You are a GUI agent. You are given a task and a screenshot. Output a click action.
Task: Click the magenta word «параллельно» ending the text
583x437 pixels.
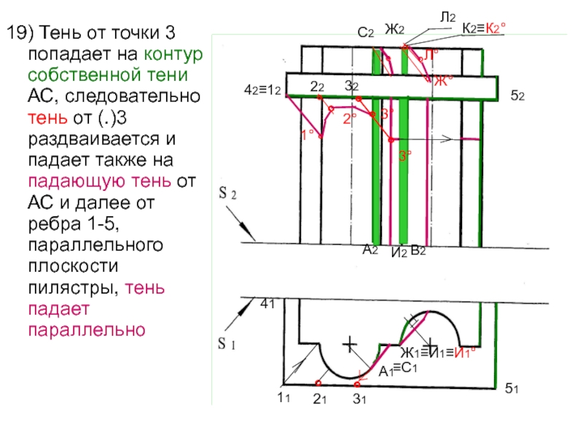pos(88,329)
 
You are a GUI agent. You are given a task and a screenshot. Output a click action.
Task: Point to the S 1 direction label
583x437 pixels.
pos(227,343)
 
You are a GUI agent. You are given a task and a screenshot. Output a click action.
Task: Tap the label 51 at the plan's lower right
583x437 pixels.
pos(512,392)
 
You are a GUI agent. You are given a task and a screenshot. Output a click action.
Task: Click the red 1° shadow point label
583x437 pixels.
pos(308,134)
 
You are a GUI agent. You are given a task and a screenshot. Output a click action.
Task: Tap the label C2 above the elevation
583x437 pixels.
pos(366,33)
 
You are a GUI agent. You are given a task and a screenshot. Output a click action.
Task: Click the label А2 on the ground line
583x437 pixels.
pos(370,250)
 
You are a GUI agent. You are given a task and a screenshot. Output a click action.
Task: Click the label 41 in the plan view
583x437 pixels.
pos(267,306)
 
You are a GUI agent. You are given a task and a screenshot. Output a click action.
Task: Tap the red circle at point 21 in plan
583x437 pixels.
pos(318,382)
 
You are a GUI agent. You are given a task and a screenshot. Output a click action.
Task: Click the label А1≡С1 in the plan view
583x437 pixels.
pos(397,369)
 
